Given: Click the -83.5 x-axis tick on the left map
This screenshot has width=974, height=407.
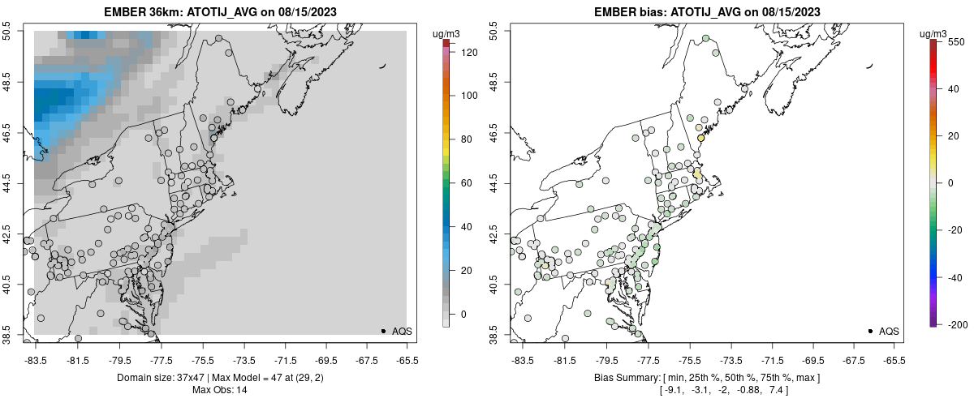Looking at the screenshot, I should [36, 359].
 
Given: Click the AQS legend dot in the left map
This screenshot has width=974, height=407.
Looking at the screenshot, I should [383, 331].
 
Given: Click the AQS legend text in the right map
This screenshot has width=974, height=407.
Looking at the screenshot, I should [889, 331].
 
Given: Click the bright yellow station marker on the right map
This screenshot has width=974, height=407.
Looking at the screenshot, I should [701, 139].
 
